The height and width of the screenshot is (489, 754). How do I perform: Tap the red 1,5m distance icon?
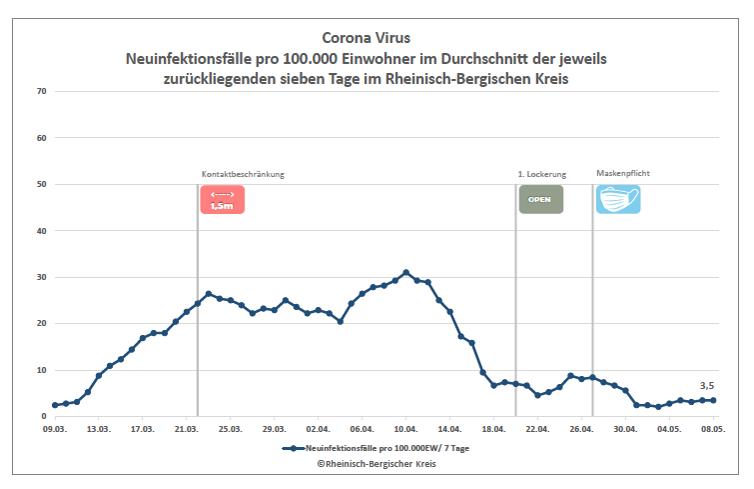pyautogui.click(x=222, y=199)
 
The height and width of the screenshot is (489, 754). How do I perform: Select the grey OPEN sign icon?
pyautogui.click(x=540, y=199)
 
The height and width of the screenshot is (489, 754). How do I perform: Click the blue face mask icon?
pyautogui.click(x=618, y=199)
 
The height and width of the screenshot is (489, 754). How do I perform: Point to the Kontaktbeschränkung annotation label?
pyautogui.click(x=243, y=174)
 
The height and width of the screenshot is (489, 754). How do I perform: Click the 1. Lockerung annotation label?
pyautogui.click(x=541, y=174)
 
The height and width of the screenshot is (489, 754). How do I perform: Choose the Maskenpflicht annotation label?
pyautogui.click(x=623, y=174)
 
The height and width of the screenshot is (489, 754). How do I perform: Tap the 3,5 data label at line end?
pyautogui.click(x=707, y=385)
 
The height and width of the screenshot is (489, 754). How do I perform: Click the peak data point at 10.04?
pyautogui.click(x=405, y=272)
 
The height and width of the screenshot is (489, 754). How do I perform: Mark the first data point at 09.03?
pyautogui.click(x=55, y=405)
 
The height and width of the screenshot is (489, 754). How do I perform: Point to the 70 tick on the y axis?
pyautogui.click(x=41, y=92)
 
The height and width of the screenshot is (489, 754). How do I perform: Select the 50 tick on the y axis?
pyautogui.click(x=41, y=185)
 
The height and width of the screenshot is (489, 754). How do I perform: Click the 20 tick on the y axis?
pyautogui.click(x=41, y=324)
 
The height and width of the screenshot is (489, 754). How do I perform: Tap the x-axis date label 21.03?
pyautogui.click(x=186, y=429)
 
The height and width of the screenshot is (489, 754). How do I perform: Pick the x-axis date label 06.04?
pyautogui.click(x=362, y=429)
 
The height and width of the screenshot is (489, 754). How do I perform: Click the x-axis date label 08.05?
pyautogui.click(x=712, y=429)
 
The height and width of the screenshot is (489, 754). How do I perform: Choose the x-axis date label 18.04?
pyautogui.click(x=493, y=429)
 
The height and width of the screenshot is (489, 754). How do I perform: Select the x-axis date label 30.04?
pyautogui.click(x=625, y=429)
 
